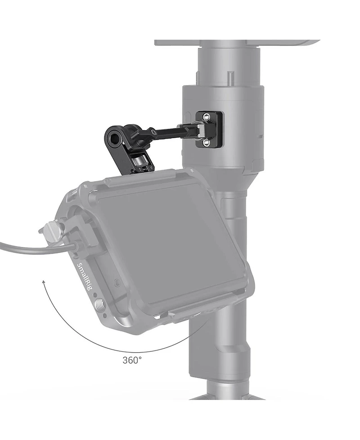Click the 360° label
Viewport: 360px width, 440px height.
pos(132,360)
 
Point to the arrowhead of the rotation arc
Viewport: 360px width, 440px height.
pos(44,282)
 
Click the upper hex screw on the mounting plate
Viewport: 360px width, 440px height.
pos(207,117)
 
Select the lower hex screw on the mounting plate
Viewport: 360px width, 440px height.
pos(207,143)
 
